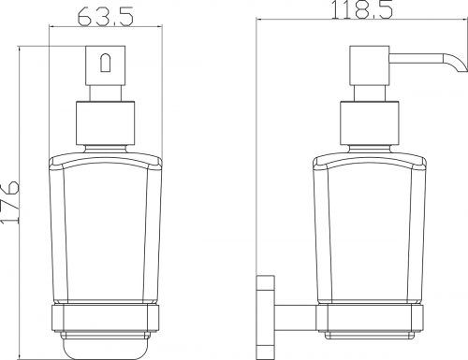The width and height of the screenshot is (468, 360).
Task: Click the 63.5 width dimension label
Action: point(106,16)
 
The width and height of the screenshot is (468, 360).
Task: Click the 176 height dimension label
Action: point(10,202)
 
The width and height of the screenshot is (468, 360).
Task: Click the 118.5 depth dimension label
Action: point(361,9)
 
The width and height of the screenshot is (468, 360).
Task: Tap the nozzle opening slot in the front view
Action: point(105,63)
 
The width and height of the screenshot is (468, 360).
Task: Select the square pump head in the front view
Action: point(106,65)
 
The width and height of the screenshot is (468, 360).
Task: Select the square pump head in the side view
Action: point(370,65)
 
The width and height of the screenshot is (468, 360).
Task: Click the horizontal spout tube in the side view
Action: point(416,58)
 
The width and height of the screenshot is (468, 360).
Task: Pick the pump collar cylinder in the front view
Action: point(106,123)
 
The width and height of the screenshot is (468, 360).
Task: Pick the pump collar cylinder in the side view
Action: point(370,123)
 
